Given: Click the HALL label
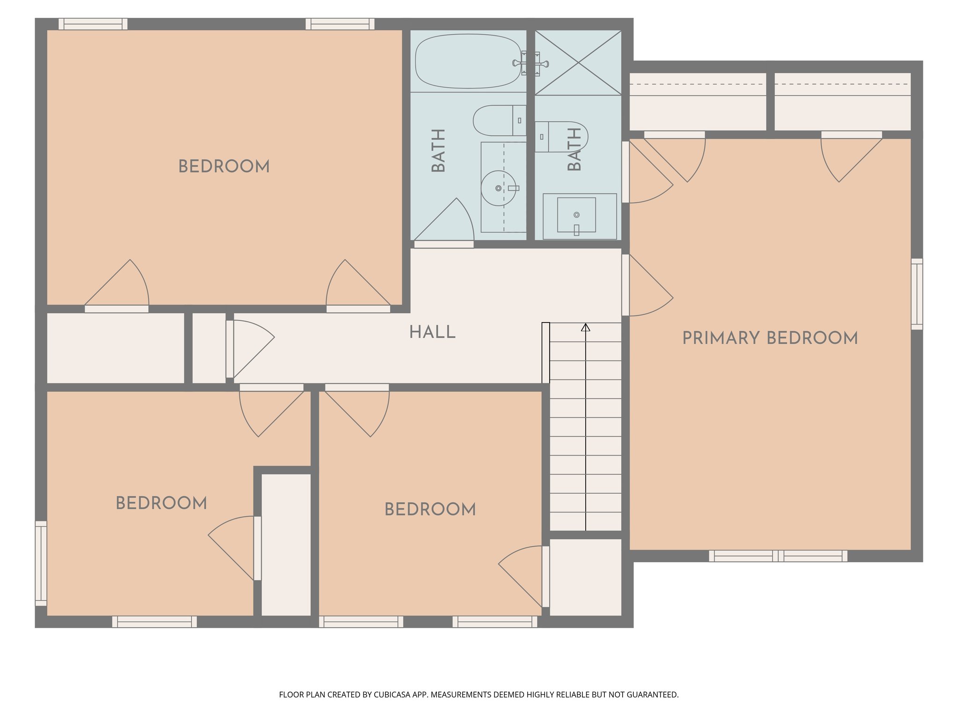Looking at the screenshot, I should (432, 332).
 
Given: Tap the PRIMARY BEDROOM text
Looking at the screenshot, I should (770, 338).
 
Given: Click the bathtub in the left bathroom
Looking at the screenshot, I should (468, 61).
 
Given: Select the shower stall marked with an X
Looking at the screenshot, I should (578, 63).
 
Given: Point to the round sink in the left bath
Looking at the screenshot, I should (498, 188).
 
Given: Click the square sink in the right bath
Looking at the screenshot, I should (576, 215).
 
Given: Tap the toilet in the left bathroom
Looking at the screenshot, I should (499, 120).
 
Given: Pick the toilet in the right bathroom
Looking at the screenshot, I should (561, 137).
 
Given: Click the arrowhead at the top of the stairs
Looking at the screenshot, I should (586, 327).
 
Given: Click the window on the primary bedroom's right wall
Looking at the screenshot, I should (917, 294).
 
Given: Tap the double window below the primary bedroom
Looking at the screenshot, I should (778, 556).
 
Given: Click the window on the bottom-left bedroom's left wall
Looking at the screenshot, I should (41, 563).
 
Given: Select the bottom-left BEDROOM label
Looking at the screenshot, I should (161, 503).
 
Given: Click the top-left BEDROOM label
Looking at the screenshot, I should (224, 167).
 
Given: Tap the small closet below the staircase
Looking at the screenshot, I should (585, 577).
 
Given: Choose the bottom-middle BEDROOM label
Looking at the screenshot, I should (430, 509).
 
